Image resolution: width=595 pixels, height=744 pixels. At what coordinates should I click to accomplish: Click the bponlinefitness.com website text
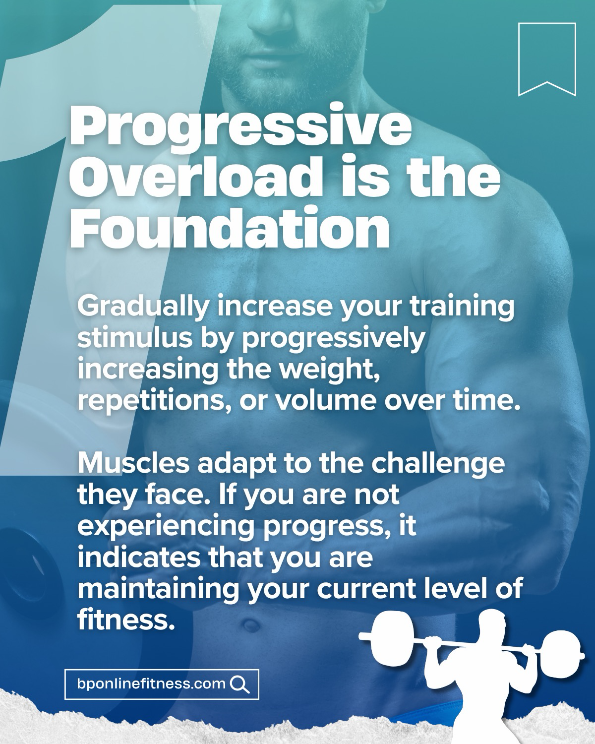[x=151, y=683]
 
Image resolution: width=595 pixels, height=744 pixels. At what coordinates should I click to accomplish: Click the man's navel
[x=250, y=625]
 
